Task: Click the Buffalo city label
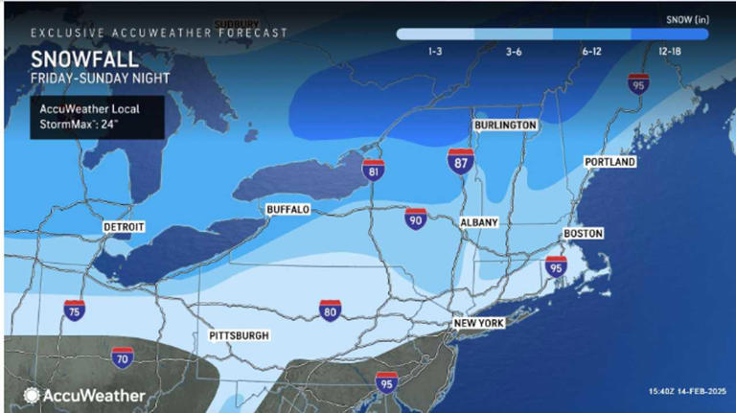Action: click(x=288, y=209)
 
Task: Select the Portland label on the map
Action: click(x=610, y=163)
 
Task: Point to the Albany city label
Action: click(x=479, y=222)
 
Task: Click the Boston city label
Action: click(x=582, y=233)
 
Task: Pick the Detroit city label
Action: click(x=124, y=227)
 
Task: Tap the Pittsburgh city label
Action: click(x=240, y=336)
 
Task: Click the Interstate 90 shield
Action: click(x=416, y=220)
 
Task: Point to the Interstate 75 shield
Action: click(x=75, y=309)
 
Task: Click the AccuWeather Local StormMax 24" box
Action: click(x=90, y=116)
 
